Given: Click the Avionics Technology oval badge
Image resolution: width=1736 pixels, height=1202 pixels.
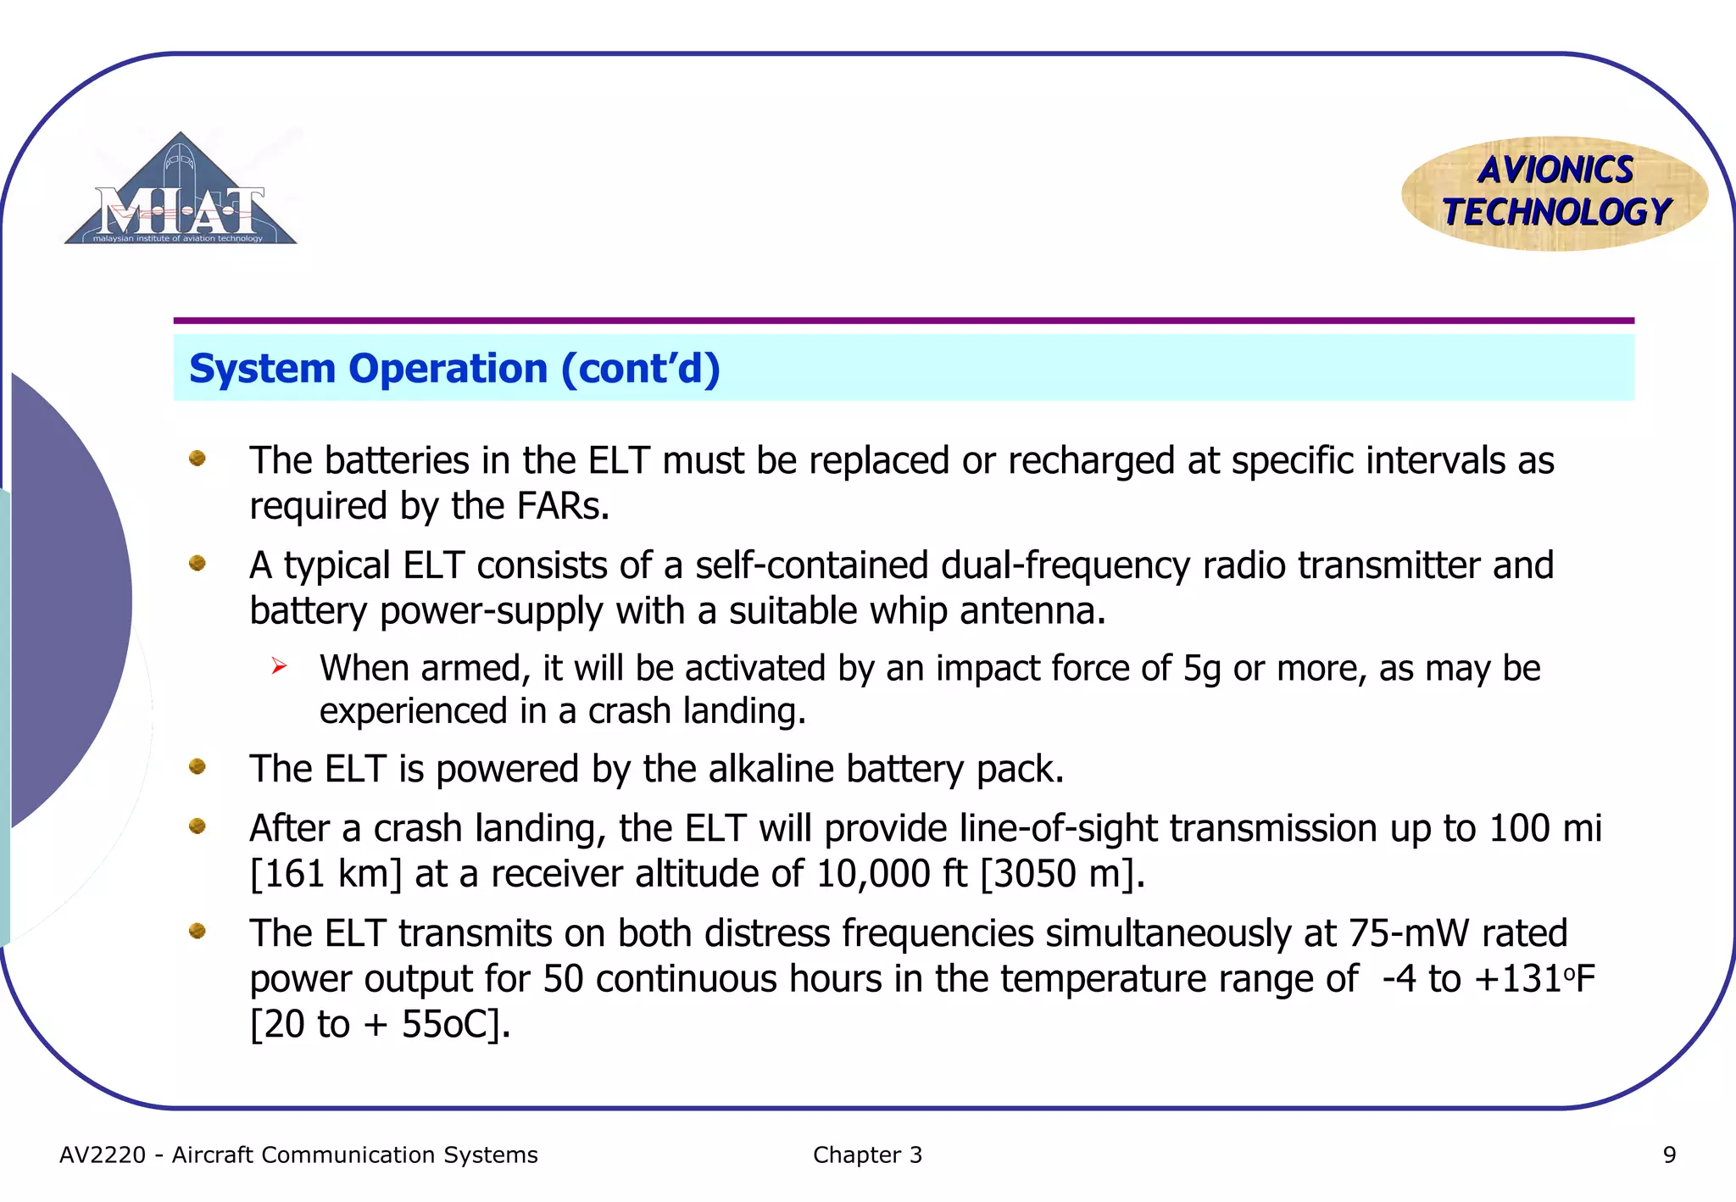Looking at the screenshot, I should [1555, 193].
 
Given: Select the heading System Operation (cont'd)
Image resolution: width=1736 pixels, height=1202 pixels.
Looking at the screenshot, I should [454, 369].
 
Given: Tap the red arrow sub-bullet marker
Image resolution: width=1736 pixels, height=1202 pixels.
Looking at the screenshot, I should [280, 667].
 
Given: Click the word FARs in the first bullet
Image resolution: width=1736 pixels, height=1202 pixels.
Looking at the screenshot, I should [562, 507].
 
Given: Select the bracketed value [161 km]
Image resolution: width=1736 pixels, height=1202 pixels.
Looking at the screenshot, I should [325, 874].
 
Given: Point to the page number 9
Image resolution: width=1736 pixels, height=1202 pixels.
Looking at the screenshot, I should [1669, 1155].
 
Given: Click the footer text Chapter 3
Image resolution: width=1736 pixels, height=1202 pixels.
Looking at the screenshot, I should [867, 1155].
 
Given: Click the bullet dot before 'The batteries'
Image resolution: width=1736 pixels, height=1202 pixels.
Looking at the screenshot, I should [198, 459].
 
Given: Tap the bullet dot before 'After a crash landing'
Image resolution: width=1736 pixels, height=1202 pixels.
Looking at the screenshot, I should [198, 826].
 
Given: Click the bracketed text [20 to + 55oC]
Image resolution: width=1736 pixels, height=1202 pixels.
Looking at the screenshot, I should [380, 1025].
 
